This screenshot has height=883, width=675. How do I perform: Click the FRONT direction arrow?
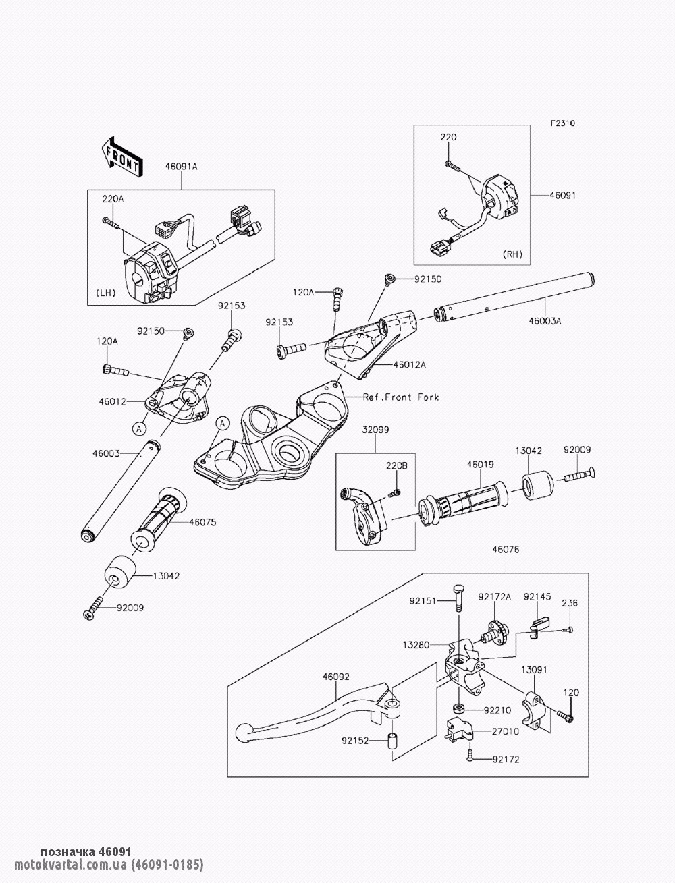tap(120, 157)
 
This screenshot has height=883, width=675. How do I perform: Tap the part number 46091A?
tap(181, 167)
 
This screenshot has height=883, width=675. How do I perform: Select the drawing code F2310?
tap(563, 123)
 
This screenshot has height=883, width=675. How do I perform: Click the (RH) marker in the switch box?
tap(512, 254)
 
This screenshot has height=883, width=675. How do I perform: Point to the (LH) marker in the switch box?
tap(105, 293)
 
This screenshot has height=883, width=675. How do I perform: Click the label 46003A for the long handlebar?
tap(545, 321)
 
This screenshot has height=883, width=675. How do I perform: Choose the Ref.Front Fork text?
tap(401, 397)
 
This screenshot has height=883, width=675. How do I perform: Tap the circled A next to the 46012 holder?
tap(139, 429)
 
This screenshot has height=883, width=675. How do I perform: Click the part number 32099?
tap(375, 430)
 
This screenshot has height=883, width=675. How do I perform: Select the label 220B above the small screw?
tap(397, 466)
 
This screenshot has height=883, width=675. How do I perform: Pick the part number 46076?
tap(506, 550)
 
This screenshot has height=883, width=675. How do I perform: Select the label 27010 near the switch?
tap(505, 731)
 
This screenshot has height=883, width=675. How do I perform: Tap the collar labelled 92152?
tap(392, 741)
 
